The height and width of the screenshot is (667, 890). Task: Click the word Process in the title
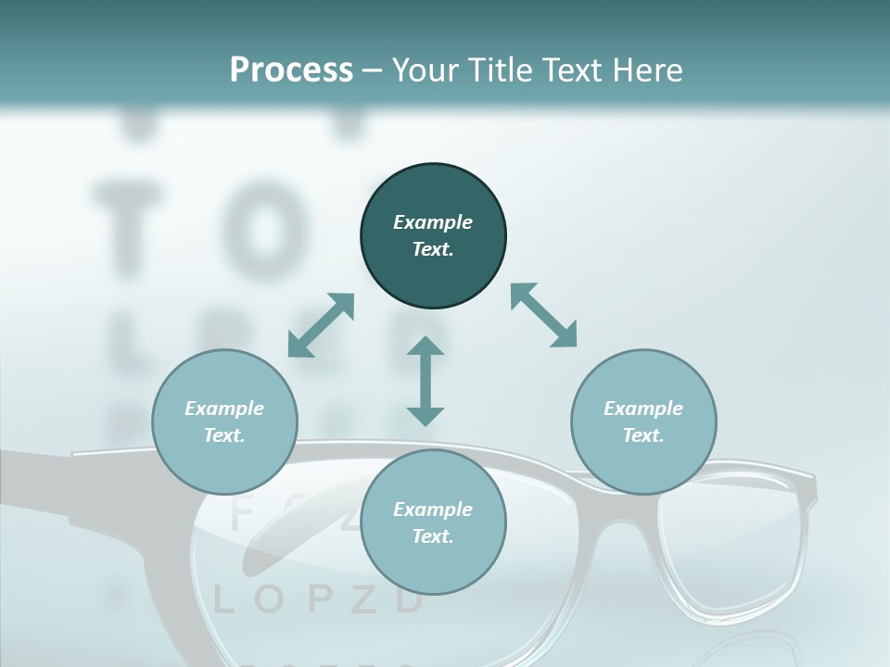[291, 70]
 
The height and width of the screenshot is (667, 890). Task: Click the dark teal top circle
[433, 236]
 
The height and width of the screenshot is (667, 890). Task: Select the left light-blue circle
[224, 422]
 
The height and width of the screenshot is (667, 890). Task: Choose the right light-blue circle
[643, 422]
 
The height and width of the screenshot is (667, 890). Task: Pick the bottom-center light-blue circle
[433, 522]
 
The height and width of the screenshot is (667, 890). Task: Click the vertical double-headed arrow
[426, 381]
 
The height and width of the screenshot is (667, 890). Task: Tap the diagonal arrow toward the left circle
[321, 324]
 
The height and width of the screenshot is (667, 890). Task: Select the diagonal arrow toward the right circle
[543, 315]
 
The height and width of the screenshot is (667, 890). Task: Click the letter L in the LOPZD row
[223, 600]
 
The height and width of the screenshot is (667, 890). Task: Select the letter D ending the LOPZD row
[409, 600]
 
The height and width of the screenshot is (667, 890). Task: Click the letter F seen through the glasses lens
[240, 515]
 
